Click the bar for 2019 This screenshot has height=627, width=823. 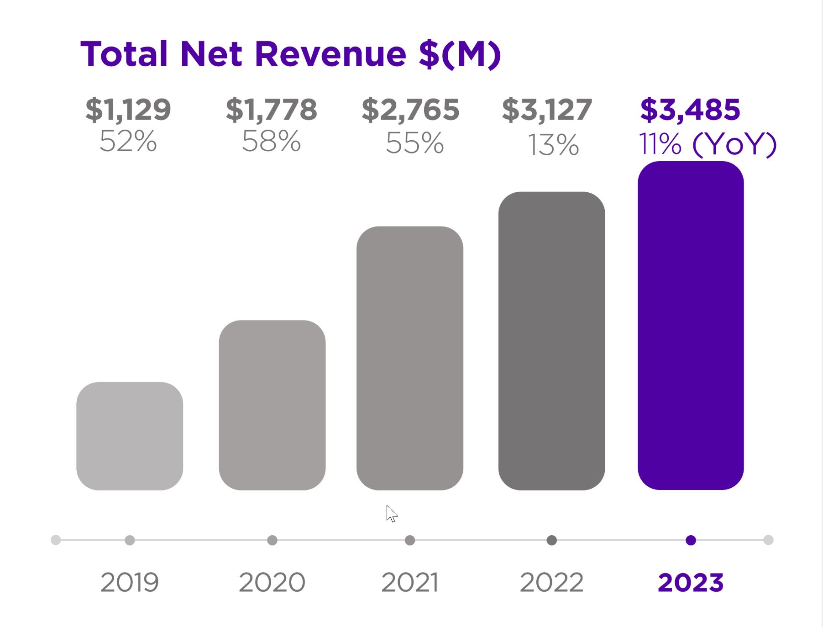(x=130, y=436)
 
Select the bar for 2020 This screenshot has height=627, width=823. (x=272, y=405)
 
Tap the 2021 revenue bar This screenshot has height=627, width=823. (x=410, y=358)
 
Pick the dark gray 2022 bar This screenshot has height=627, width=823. (x=551, y=341)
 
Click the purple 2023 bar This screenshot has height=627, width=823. (x=691, y=325)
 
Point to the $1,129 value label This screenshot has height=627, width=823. (x=128, y=110)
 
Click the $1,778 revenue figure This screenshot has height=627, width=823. (x=272, y=110)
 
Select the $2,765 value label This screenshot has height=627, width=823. (x=410, y=110)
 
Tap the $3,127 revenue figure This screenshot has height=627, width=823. (x=547, y=110)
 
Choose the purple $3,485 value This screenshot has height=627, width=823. (x=690, y=110)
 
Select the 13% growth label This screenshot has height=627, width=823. (x=553, y=145)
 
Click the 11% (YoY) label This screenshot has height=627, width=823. (x=708, y=144)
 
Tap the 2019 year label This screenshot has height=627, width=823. (x=130, y=582)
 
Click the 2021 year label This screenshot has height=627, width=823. (x=410, y=582)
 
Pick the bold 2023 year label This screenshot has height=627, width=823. (x=691, y=582)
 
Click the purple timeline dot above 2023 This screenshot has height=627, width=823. (x=691, y=540)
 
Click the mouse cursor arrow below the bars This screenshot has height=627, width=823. (x=391, y=513)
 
